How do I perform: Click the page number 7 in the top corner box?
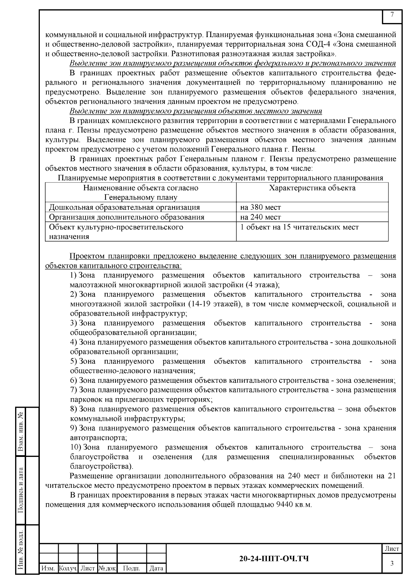click(x=392, y=14)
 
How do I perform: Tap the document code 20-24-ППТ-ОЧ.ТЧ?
click(x=274, y=559)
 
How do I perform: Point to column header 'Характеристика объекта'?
click(x=312, y=188)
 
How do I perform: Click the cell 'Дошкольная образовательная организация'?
click(x=124, y=207)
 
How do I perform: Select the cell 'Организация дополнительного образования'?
click(x=126, y=217)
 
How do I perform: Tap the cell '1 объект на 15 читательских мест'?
click(x=299, y=227)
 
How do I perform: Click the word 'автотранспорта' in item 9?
click(x=98, y=438)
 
